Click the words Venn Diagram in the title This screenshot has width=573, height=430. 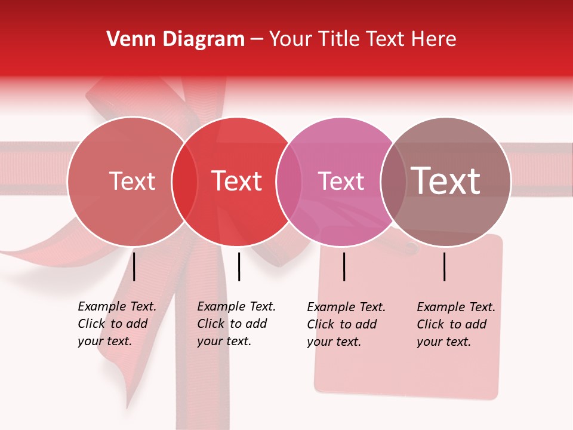click(x=175, y=39)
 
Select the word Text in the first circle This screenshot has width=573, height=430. click(x=132, y=181)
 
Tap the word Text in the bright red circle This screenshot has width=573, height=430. click(x=237, y=181)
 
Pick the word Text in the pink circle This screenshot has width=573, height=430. click(x=341, y=181)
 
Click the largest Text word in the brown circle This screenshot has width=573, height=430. click(x=446, y=181)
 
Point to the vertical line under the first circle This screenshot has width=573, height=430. click(x=134, y=266)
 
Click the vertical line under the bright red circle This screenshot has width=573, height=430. click(x=239, y=266)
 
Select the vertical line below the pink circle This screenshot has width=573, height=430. click(x=344, y=266)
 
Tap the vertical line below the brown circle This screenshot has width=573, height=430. click(x=445, y=266)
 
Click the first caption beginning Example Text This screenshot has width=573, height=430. click(x=116, y=324)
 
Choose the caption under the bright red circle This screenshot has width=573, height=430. click(x=236, y=324)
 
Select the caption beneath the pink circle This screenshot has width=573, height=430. click(x=346, y=324)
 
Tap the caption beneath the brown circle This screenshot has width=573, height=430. click(x=455, y=324)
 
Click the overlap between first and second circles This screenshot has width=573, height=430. click(x=184, y=181)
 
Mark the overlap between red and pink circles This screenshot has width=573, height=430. click(x=289, y=181)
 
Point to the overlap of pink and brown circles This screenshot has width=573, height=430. click(x=393, y=181)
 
